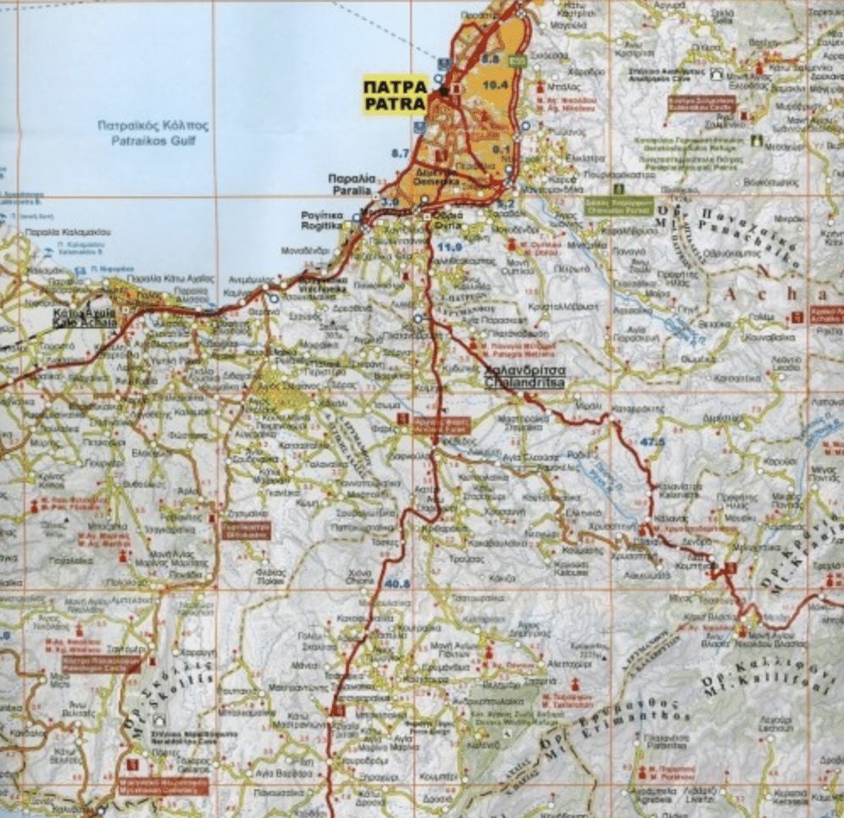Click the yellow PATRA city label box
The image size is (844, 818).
(x=394, y=95)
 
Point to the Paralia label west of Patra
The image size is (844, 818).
(x=351, y=185)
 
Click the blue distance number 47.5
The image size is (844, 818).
(x=653, y=441)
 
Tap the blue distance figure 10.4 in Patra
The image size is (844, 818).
(x=495, y=85)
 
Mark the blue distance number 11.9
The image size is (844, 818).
(x=451, y=246)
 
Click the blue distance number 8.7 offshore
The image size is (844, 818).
(x=400, y=152)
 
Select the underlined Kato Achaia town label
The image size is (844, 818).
(x=82, y=318)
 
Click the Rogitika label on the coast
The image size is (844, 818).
(x=322, y=221)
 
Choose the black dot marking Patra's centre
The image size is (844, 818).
(x=443, y=91)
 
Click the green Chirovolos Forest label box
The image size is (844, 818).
(x=619, y=204)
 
